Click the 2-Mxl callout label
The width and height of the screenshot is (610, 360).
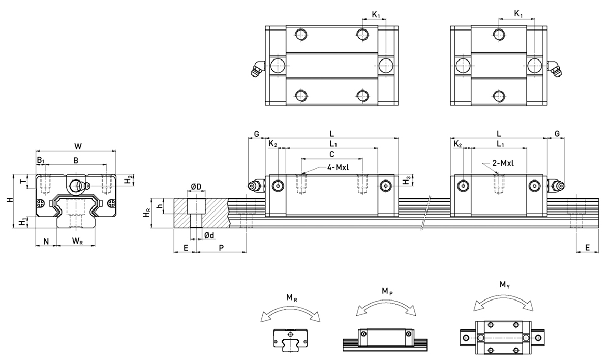click(x=504, y=163)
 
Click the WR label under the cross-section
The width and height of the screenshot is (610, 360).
click(x=78, y=241)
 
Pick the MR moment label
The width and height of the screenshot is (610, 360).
click(x=290, y=297)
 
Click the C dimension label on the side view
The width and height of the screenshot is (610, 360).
click(x=331, y=153)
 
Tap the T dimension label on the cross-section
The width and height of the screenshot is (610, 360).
click(x=22, y=182)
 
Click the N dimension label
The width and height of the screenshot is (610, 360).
click(x=46, y=241)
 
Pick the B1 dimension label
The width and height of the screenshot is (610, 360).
click(x=40, y=161)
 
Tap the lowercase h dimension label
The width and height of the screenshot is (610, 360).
click(x=160, y=206)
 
